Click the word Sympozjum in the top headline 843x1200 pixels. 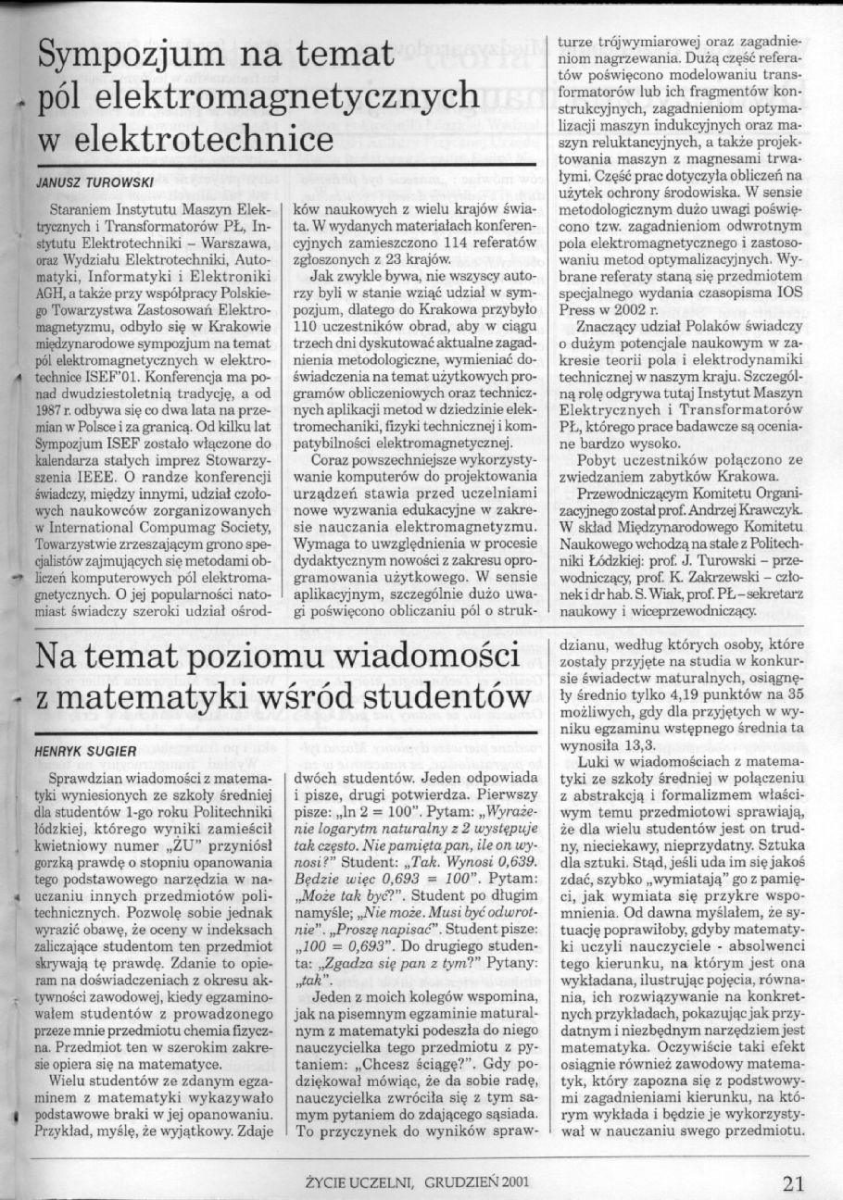(130, 61)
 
